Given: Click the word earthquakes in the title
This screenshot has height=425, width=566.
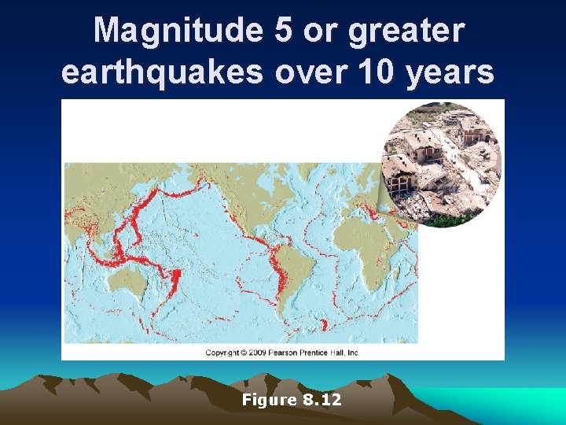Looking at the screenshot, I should pos(163,72).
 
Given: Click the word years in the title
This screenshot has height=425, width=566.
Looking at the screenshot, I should pos(451,73).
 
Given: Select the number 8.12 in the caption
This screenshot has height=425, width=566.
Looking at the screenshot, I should pos(322,400).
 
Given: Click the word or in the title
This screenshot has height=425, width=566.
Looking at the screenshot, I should pos(318,31).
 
